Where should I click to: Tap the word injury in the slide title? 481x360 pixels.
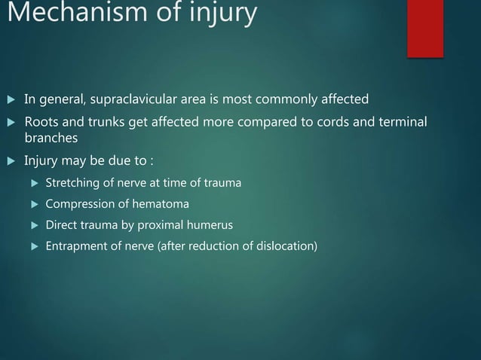(x=225, y=14)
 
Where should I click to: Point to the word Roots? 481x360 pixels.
(x=41, y=122)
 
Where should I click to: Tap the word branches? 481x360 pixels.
(x=51, y=139)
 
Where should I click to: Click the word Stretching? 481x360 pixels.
(x=74, y=183)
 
